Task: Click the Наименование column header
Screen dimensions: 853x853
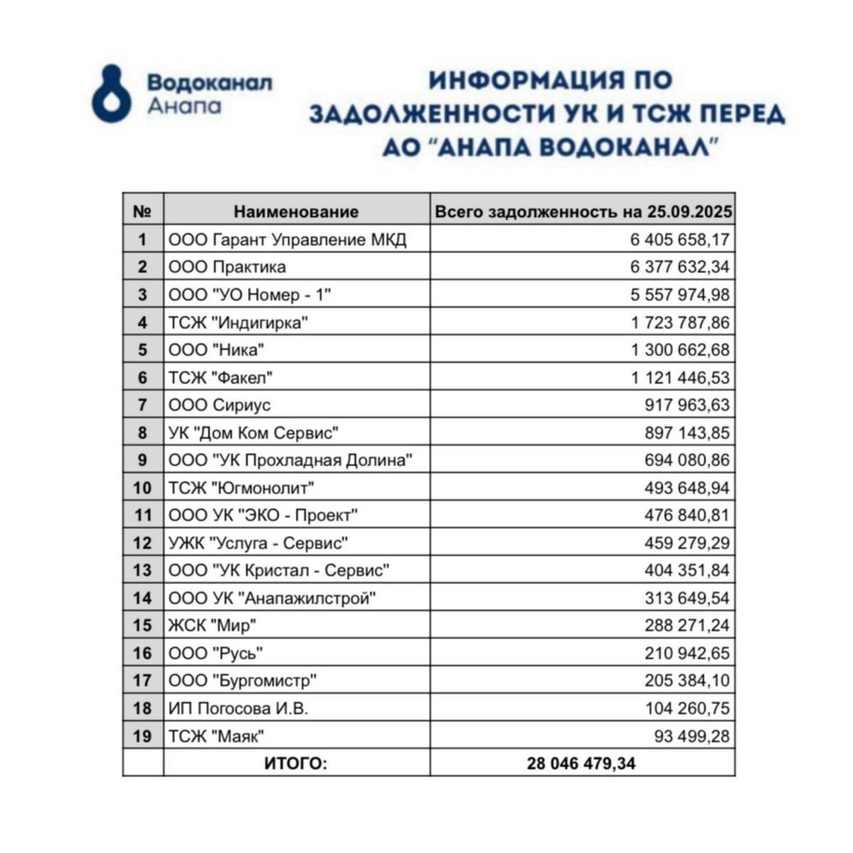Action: (296, 211)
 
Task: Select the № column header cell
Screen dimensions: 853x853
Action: (143, 211)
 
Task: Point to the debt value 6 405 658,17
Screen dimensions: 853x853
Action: (679, 240)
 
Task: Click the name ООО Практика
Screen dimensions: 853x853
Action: (227, 267)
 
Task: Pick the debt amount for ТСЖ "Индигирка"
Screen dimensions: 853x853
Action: (680, 323)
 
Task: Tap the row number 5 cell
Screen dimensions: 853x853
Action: (143, 350)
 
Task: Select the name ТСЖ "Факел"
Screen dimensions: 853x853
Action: (221, 377)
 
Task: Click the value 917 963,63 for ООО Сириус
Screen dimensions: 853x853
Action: (686, 405)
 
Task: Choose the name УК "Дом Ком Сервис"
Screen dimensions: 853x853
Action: (253, 432)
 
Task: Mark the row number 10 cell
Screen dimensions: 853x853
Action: (143, 488)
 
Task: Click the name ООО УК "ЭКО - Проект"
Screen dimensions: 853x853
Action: (263, 515)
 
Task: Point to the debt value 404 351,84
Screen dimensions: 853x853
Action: (686, 571)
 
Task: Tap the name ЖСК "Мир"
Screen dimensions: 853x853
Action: (213, 626)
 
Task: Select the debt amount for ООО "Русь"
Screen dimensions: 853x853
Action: (686, 653)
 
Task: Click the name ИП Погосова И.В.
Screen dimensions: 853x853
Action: (238, 709)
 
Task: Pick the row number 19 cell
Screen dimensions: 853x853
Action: (143, 736)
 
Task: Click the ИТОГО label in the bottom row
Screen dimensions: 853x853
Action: (296, 764)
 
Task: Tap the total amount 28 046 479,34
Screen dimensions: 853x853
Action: (581, 764)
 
